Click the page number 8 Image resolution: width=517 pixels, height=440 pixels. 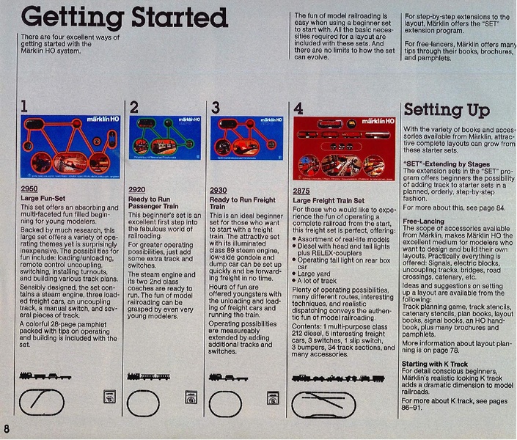click(7, 428)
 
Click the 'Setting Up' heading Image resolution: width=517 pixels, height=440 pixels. click(446, 110)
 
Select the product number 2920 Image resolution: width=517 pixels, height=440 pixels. click(137, 188)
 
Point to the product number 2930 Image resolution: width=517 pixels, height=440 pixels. click(219, 188)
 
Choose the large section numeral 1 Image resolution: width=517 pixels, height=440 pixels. click(24, 108)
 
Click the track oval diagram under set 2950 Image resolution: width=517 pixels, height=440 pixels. click(46, 402)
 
